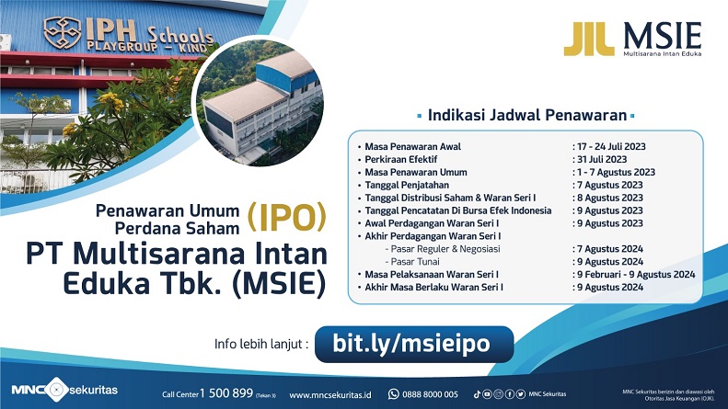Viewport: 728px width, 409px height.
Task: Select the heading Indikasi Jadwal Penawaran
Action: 526,116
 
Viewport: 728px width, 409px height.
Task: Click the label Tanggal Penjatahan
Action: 409,185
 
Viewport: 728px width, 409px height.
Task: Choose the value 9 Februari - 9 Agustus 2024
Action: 636,275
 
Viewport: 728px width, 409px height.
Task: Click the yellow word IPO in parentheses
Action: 287,217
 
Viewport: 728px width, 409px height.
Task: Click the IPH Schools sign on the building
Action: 130,34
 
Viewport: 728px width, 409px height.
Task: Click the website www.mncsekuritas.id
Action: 330,394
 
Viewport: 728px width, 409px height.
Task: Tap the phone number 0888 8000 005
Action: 432,394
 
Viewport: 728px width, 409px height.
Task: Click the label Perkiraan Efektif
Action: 402,159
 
